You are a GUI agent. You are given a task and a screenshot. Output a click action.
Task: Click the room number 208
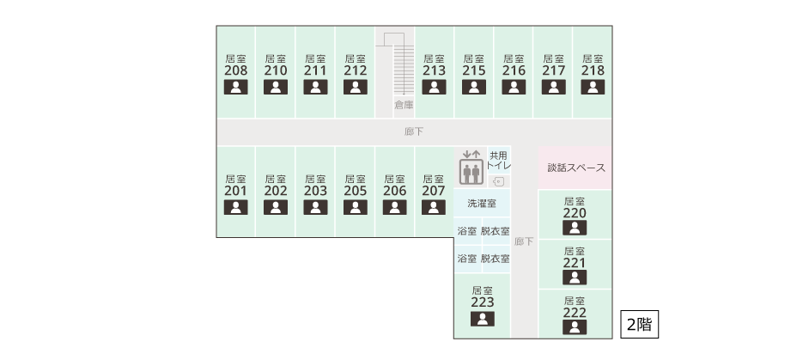tap(235, 70)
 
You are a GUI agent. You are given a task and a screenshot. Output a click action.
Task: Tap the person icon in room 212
tap(355, 87)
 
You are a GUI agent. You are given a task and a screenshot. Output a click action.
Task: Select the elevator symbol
tap(471, 168)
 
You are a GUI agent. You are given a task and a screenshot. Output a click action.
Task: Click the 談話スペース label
tap(575, 168)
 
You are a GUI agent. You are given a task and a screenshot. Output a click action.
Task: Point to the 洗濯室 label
tap(482, 204)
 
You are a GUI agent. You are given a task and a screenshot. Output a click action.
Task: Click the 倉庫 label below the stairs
tap(404, 105)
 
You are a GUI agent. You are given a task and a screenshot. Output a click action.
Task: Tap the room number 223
tap(483, 302)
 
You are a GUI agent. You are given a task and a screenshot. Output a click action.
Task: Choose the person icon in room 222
tap(575, 327)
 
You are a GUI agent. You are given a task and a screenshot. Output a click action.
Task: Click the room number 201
tap(235, 191)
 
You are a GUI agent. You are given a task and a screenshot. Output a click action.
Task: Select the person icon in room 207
tap(434, 207)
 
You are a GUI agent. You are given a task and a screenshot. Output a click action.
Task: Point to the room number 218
tap(593, 70)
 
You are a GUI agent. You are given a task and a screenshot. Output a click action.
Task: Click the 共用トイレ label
tap(499, 160)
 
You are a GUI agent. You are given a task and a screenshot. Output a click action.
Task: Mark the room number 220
tap(575, 212)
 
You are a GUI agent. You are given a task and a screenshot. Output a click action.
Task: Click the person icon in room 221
tap(575, 278)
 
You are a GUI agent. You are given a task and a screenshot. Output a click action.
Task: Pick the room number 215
tap(474, 70)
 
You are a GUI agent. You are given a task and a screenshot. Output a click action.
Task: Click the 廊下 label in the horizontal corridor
tap(414, 131)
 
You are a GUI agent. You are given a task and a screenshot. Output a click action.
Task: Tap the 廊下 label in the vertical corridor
tap(524, 241)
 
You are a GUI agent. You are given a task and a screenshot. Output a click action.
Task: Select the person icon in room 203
tap(315, 207)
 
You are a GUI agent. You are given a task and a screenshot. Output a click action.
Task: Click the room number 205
tap(355, 191)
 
